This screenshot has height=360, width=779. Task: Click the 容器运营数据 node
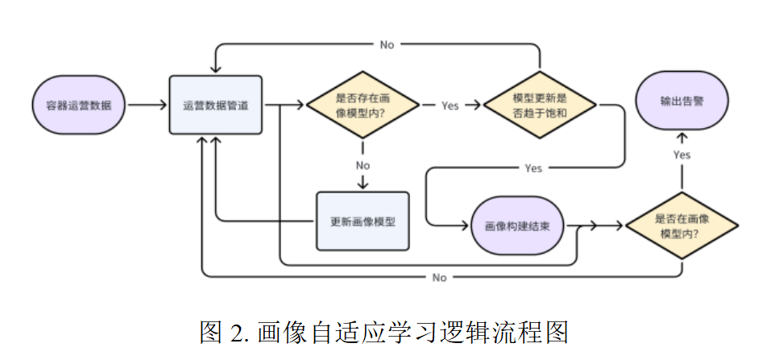[x=79, y=105]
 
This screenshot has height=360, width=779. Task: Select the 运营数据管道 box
[x=216, y=105]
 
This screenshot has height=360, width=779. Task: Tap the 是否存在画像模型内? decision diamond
[x=363, y=105]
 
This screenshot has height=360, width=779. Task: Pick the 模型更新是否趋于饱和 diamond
[x=540, y=105]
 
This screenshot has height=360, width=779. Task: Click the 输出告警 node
[x=682, y=101]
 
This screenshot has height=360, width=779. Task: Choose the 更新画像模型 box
[x=363, y=221]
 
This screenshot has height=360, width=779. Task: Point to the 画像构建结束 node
[x=518, y=226]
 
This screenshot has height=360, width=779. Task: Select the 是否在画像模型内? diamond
[x=682, y=226]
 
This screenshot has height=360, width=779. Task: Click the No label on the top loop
[x=387, y=45]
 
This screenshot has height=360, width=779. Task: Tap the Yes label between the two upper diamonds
[x=450, y=106]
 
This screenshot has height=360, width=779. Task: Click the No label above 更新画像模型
[x=363, y=165]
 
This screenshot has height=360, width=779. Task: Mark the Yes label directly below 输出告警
[x=682, y=154]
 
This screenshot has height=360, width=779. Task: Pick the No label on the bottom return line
[x=439, y=278]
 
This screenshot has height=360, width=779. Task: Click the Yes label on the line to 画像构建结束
[x=533, y=168]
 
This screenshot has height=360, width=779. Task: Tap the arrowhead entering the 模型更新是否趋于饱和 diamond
[x=478, y=105]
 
